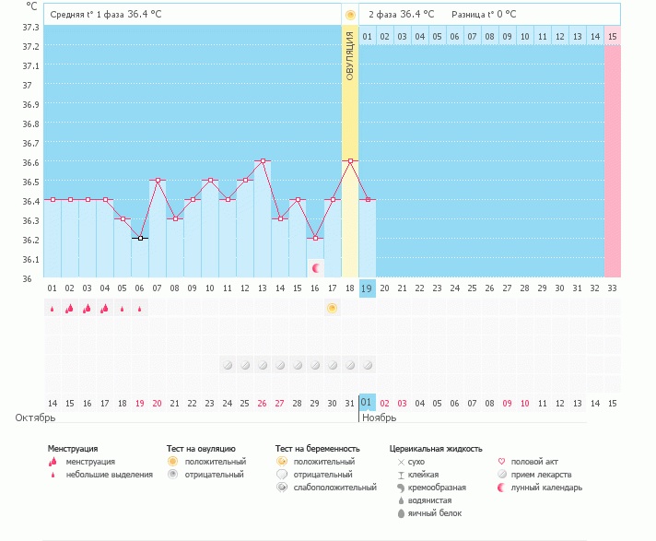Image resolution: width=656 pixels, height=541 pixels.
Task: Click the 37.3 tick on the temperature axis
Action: coord(31,27)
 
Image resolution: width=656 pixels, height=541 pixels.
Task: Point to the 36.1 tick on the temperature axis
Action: coord(31,259)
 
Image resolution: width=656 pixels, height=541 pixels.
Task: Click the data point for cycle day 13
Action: coord(263,160)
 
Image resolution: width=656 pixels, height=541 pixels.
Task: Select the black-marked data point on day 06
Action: coord(140,238)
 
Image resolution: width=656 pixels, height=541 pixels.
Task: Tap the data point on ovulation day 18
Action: coord(349,160)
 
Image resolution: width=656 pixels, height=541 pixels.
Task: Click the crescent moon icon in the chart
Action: coord(315,268)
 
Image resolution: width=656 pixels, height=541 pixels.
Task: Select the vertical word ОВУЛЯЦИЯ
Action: coord(349,55)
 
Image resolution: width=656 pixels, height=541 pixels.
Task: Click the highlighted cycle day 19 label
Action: coord(367,288)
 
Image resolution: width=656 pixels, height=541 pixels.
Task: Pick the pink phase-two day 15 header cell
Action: coord(612,36)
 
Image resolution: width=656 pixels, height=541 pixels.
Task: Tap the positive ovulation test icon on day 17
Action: coord(332,308)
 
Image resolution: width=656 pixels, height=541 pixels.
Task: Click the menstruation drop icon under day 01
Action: coord(53,309)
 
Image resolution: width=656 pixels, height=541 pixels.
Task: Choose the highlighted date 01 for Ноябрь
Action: coord(367,403)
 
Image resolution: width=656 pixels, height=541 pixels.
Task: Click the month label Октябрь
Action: coord(35,418)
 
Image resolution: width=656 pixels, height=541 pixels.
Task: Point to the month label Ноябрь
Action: coord(379,418)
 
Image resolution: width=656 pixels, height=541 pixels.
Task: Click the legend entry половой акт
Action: coord(534,461)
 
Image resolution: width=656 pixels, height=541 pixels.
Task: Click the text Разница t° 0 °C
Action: coord(483,15)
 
